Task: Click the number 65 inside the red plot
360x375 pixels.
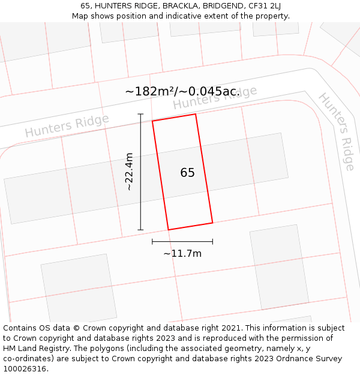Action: point(187,173)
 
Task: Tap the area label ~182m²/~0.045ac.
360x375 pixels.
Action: point(182,92)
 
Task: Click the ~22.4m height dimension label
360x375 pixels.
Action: point(129,172)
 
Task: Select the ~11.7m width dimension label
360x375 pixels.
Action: point(182,253)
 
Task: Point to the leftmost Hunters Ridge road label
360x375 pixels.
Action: point(67,126)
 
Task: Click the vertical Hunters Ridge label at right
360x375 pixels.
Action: point(337,131)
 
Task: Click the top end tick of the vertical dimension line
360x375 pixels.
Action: point(141,114)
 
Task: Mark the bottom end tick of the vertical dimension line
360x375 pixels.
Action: point(141,230)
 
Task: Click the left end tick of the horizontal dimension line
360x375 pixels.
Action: point(152,241)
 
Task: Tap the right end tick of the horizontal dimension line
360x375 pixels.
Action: point(212,241)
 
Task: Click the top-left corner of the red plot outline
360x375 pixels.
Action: point(152,121)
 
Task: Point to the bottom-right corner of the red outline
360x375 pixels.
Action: point(212,223)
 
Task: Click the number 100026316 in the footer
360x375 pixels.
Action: point(24,368)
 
